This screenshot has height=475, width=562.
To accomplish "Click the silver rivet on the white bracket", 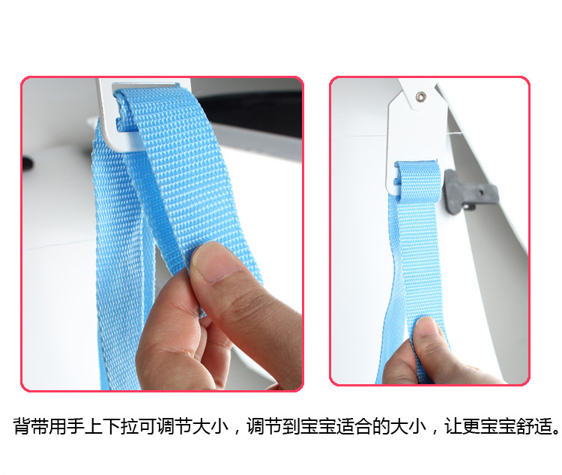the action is [420, 96].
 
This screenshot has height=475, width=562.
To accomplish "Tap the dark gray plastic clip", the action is [470, 191].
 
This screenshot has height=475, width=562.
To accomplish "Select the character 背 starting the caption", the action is [22, 426].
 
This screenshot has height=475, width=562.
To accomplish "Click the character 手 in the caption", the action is [76, 426].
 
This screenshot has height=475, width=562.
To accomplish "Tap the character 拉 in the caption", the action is [130, 426].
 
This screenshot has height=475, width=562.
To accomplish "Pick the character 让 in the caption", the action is [453, 426].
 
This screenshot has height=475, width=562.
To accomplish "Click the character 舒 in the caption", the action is [525, 426].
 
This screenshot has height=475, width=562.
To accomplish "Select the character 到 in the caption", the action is [291, 426].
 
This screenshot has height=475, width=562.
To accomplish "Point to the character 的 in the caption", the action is [381, 426].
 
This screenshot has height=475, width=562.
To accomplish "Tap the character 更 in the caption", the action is [471, 426].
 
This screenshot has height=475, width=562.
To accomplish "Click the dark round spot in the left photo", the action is [28, 164].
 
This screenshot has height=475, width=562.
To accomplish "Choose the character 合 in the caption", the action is [363, 426].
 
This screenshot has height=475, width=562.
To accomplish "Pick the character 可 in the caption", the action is [148, 426].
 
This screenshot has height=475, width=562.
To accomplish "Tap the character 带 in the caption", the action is [40, 426].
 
